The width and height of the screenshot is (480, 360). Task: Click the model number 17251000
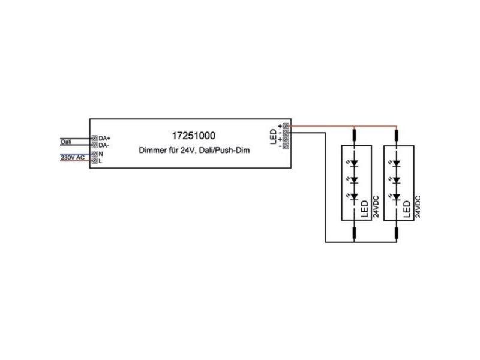click(193, 136)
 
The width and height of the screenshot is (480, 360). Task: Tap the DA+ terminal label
click(104, 139)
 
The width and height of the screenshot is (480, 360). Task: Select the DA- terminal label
click(103, 145)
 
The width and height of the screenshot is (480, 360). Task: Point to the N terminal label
click(101, 154)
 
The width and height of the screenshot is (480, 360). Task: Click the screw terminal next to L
click(95, 161)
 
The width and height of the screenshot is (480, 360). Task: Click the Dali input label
click(66, 142)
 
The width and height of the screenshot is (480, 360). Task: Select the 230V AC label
click(73, 157)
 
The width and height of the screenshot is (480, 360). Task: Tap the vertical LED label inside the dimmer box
click(273, 137)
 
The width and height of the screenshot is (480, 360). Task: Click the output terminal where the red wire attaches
click(286, 125)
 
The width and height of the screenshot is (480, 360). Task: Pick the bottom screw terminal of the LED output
click(286, 146)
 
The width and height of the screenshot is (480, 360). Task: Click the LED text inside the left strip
click(364, 209)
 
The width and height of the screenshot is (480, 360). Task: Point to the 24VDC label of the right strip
click(418, 206)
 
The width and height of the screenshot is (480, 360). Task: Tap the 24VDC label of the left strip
click(376, 206)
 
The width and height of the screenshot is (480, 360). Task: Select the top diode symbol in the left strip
click(353, 163)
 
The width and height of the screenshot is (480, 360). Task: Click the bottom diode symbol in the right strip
click(396, 197)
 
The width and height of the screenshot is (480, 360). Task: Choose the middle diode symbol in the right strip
click(396, 180)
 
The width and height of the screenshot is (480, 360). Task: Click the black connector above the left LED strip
click(355, 134)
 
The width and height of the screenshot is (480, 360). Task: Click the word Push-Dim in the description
click(236, 151)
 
